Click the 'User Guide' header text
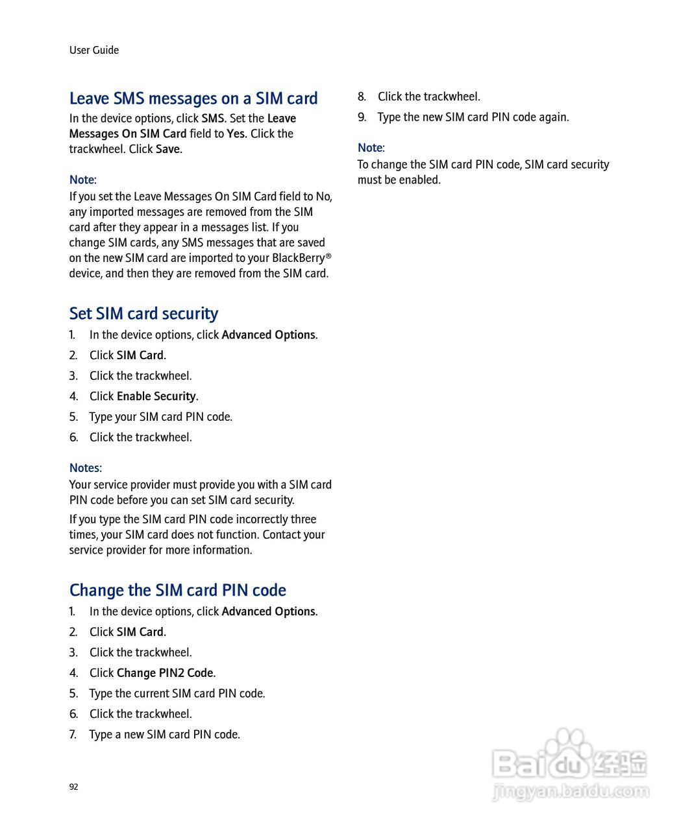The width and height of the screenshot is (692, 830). pos(94,50)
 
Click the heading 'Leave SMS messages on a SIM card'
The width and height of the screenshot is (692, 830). pos(193,99)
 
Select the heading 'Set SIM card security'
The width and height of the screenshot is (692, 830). pos(143,314)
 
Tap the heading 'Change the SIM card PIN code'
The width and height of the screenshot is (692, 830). pos(178,590)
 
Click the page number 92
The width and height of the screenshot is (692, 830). pos(73,787)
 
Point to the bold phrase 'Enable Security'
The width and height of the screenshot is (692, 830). pos(156,396)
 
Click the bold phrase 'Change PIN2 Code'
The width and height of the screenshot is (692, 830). pos(165,673)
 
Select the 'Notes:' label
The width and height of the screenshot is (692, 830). pos(86,468)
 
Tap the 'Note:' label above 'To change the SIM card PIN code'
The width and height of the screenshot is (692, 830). pos(371,148)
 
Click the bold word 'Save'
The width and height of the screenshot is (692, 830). pos(168,149)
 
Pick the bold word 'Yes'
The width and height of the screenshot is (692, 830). pos(236,134)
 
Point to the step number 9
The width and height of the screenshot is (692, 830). pos(362,117)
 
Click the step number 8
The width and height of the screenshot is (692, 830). pos(362,97)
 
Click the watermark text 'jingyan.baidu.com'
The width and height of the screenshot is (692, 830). pos(571,792)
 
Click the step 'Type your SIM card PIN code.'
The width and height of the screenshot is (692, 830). pos(161,417)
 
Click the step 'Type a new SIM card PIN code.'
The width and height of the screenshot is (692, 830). pos(165,735)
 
